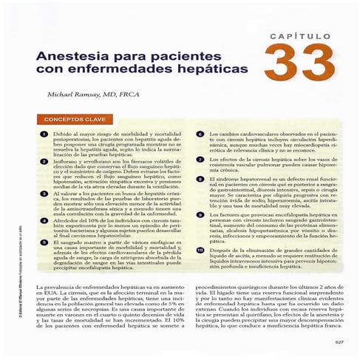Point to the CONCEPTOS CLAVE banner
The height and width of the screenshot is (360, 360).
pyautogui.click(x=80, y=118)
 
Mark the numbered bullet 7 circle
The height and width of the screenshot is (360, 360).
pyautogui.click(x=200, y=159)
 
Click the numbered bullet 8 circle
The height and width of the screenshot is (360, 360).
pyautogui.click(x=200, y=179)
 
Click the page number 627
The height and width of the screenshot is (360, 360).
pyautogui.click(x=339, y=342)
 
